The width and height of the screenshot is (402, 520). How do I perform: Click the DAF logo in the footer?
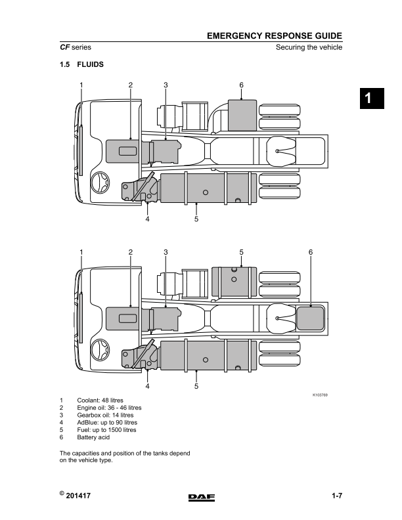coord(202,497)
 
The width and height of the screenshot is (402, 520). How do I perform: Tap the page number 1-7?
coord(337,496)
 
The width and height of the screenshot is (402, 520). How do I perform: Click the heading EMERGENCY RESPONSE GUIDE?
coord(275,36)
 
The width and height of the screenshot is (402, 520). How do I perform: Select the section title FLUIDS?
coord(90,64)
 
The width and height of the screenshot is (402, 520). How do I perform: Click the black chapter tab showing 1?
coord(372,98)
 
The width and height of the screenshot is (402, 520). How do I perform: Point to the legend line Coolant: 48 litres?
coord(100,401)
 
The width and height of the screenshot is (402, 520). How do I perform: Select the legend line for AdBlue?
coord(107,423)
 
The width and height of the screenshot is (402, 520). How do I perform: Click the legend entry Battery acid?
coord(93,437)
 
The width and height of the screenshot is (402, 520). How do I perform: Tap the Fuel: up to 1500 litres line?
coord(106,430)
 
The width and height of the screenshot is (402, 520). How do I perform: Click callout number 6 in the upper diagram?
coord(241,85)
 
